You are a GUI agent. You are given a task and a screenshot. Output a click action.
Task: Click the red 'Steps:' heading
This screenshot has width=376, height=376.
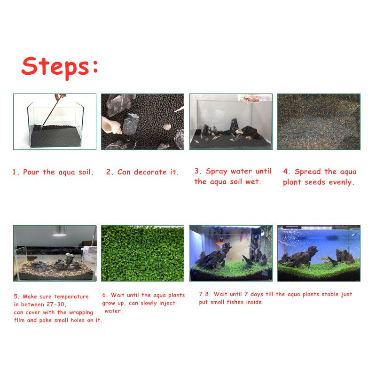(60, 67)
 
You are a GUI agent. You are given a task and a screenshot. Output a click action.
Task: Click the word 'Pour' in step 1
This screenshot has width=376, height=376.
(31, 172)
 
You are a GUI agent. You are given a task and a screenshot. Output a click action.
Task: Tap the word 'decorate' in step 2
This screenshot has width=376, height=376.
(150, 172)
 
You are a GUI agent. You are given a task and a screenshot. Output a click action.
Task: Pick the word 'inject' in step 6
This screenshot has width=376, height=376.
(167, 303)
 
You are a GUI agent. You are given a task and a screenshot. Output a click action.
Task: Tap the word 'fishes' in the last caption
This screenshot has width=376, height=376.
(235, 302)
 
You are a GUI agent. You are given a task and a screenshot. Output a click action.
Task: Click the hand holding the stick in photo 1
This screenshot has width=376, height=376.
(60, 97)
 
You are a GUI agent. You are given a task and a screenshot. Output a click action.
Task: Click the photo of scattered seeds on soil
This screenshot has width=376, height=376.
(319, 122)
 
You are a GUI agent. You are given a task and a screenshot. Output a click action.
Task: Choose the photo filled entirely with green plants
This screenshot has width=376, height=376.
(143, 253)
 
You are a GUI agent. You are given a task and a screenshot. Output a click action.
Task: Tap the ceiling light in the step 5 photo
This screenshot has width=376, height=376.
(59, 231)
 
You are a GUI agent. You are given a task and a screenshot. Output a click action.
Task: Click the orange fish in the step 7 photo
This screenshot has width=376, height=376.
(220, 244)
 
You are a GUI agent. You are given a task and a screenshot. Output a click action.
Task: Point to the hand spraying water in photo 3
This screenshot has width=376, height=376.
(252, 99)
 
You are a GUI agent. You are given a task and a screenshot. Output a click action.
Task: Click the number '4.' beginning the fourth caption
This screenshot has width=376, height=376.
(286, 172)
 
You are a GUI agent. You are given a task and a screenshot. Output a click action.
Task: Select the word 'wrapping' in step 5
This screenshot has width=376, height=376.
(81, 313)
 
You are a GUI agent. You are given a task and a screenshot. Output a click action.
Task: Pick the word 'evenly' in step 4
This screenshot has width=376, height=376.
(341, 182)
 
